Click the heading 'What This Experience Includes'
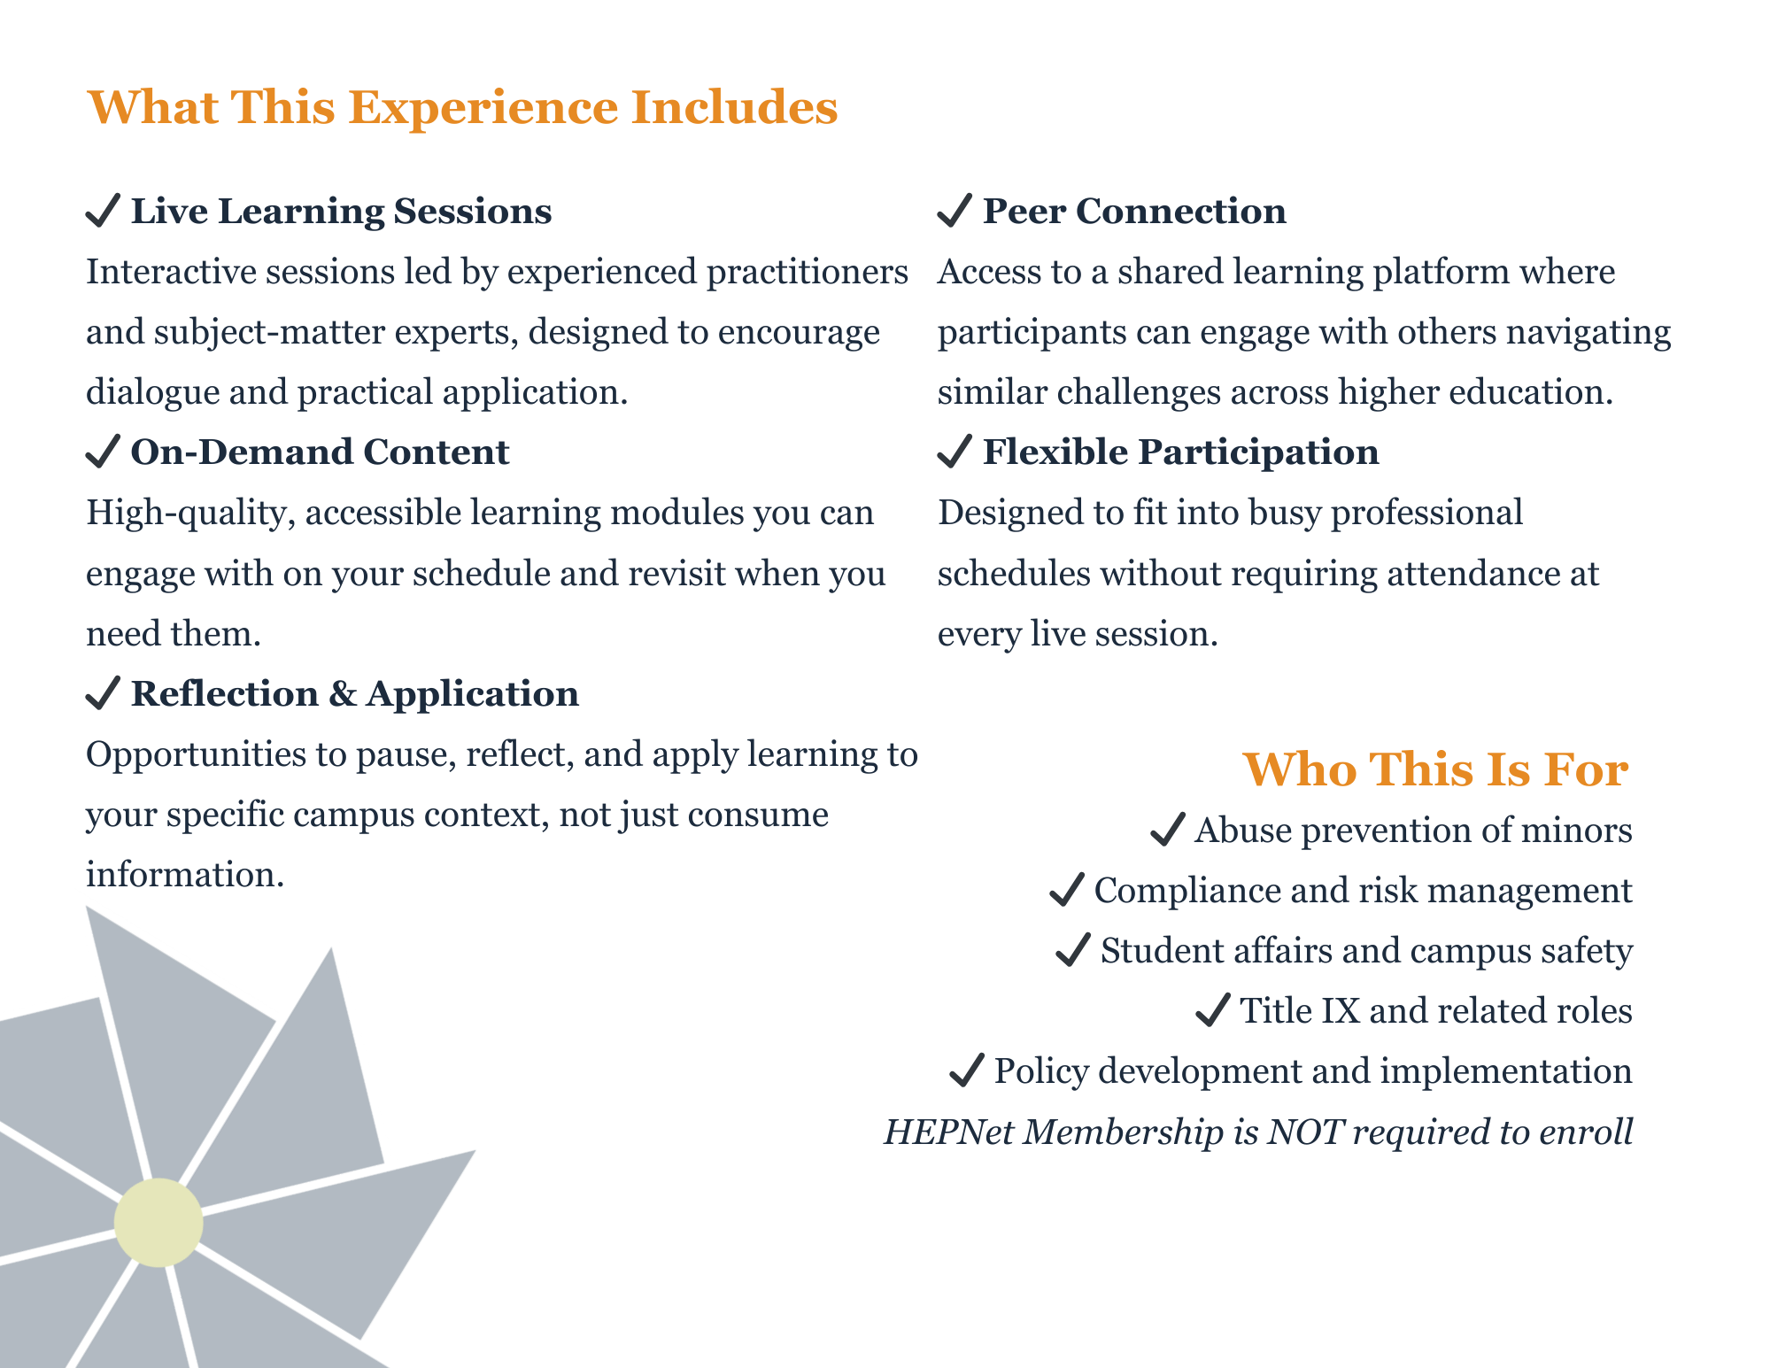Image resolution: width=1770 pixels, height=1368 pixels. point(462,107)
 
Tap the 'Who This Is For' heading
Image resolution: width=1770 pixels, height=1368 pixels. point(1435,769)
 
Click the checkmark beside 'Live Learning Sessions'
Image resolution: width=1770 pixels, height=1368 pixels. point(103,211)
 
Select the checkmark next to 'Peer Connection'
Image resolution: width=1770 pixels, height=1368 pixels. point(955,211)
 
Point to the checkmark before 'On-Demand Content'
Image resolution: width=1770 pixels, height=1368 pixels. point(103,452)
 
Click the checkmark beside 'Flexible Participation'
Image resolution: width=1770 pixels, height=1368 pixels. point(955,452)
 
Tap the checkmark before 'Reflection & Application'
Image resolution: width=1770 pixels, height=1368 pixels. point(103,693)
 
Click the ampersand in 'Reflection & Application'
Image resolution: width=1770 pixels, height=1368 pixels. point(343,694)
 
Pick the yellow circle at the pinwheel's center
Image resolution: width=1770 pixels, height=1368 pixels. point(158,1223)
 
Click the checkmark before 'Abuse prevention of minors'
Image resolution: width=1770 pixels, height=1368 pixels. point(1168,831)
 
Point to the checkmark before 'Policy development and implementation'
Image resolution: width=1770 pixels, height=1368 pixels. point(967,1071)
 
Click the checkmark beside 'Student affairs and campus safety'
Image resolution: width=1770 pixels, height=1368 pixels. point(1073,951)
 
